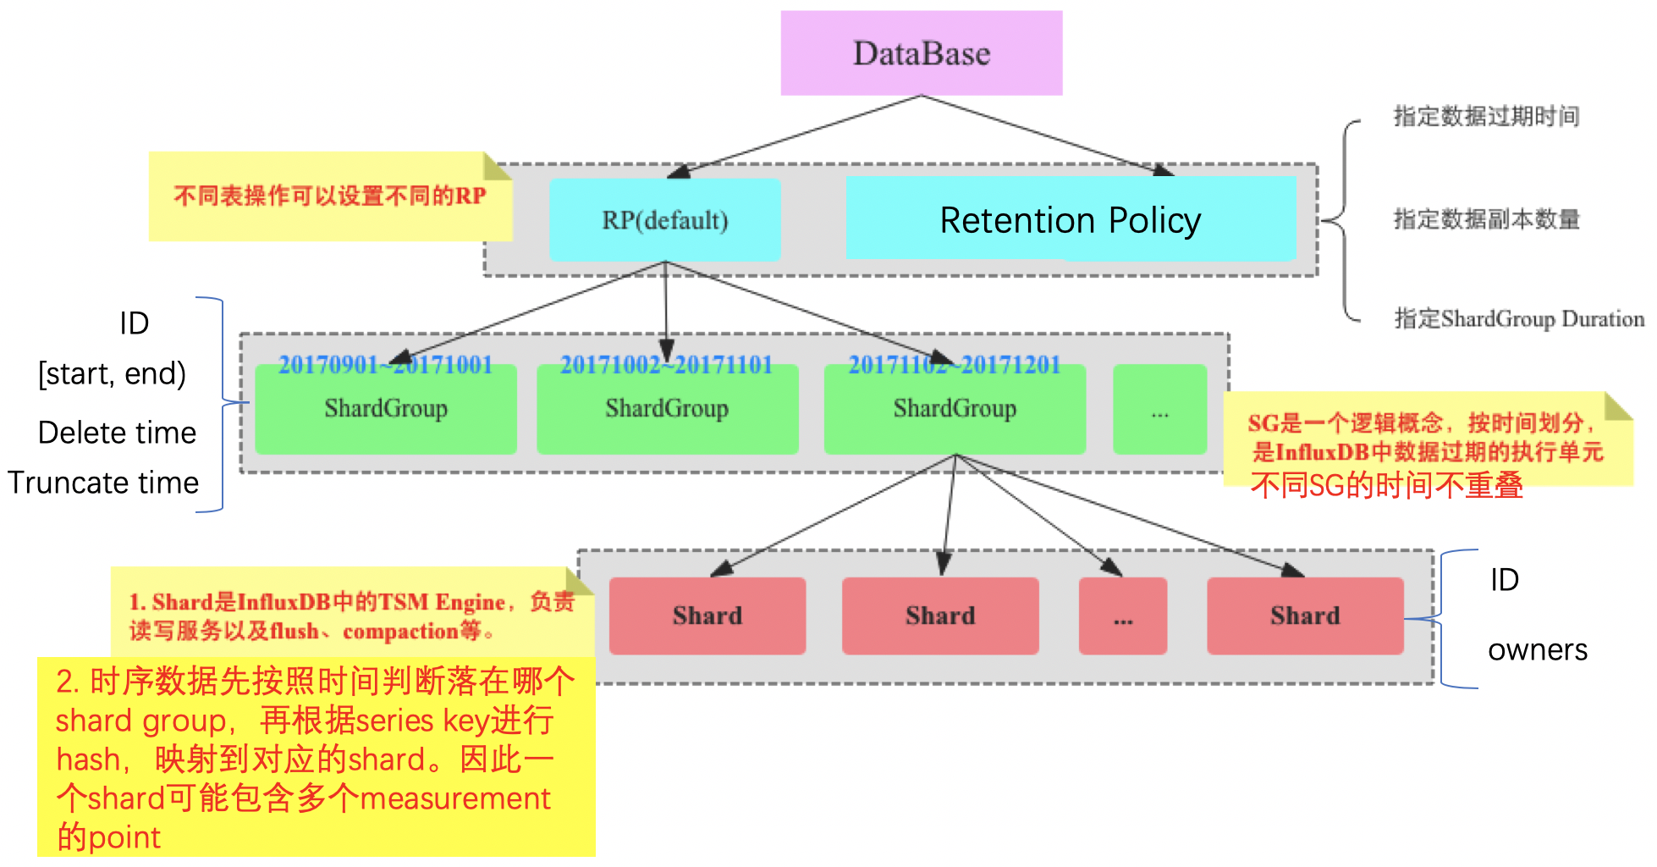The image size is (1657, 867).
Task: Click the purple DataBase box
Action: coord(921,52)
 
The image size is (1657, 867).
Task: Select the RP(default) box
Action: coord(664,220)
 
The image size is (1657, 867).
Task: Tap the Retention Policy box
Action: coord(1070,219)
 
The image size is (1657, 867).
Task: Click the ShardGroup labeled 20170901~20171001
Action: coord(386,410)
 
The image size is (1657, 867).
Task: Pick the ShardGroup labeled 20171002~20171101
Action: coord(667,410)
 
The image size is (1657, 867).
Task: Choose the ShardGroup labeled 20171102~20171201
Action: coord(955,410)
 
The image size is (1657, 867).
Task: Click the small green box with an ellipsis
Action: coord(1159,411)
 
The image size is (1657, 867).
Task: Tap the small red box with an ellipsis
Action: coord(1122,616)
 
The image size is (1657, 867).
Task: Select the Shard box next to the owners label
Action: coord(1304,616)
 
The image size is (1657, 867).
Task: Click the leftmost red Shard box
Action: coord(707,616)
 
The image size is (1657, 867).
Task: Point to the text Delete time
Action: coord(117,433)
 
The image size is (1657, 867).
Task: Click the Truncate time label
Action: coord(103,483)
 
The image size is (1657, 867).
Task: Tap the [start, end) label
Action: coord(112,373)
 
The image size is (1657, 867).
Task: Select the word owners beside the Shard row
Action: coord(1537,649)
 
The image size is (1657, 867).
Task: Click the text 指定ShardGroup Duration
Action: coord(1518,319)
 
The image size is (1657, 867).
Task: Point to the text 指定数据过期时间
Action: coord(1486,116)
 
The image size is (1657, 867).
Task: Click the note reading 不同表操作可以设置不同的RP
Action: coord(329,196)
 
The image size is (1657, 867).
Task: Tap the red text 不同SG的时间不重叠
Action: coord(1386,486)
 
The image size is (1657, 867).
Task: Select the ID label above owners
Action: coord(1504,580)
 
